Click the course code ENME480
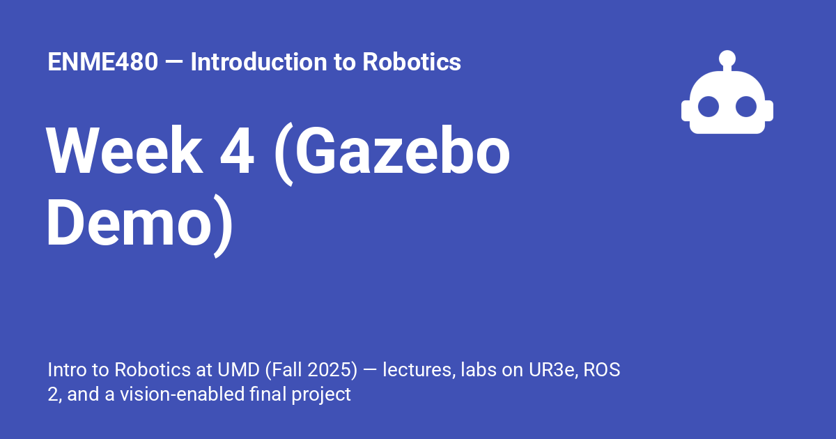[x=102, y=61]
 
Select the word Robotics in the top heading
[x=412, y=61]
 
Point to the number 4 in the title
[x=237, y=151]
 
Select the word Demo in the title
[x=129, y=222]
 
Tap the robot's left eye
[x=709, y=107]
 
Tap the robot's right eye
[x=746, y=107]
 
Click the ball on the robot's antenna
[x=727, y=59]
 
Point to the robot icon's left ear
[x=686, y=111]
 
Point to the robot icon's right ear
[x=769, y=111]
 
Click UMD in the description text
[x=238, y=370]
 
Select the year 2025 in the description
[x=330, y=370]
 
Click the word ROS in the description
[x=602, y=370]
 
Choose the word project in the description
[x=321, y=395]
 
